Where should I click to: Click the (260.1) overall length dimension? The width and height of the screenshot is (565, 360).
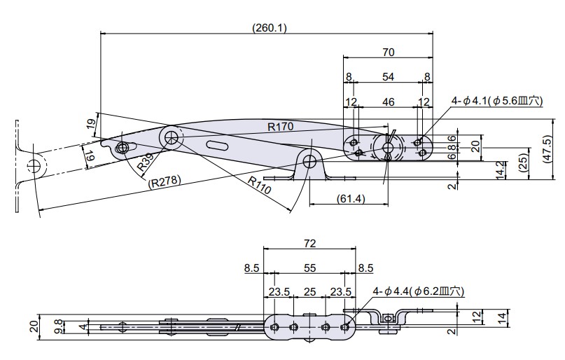(x=269, y=27)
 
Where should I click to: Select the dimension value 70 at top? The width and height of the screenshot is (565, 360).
(x=389, y=51)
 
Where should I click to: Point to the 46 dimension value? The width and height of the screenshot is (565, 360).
(x=389, y=102)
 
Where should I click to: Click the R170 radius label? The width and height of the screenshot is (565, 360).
(x=281, y=127)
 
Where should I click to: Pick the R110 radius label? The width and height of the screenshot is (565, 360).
(x=259, y=182)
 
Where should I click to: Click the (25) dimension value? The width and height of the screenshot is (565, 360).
(x=524, y=162)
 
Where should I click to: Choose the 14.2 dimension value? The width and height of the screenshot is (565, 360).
(x=499, y=169)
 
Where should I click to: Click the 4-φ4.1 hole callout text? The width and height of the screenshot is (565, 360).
(x=496, y=101)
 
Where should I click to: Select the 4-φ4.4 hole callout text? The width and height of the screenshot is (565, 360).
(x=418, y=291)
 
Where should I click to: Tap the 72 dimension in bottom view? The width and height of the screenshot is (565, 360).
(x=310, y=243)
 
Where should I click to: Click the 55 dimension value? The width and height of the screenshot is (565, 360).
(x=310, y=268)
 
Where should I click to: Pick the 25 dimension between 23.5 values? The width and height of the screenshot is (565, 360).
(x=310, y=292)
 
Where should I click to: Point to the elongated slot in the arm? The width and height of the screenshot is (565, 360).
(x=217, y=145)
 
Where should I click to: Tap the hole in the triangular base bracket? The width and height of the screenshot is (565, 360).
(x=309, y=161)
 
